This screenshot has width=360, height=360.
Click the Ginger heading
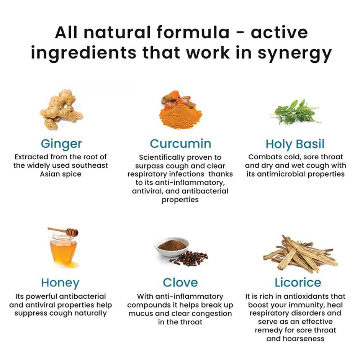[61, 144]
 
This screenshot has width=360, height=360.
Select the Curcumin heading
[180, 144]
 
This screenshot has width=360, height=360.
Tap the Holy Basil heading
[295, 144]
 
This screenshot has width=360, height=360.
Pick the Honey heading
[61, 283]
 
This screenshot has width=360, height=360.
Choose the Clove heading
[180, 283]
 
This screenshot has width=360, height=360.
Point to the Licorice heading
[298, 283]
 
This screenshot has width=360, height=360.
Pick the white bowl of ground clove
[171, 247]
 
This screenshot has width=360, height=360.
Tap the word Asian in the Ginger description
[50, 174]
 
